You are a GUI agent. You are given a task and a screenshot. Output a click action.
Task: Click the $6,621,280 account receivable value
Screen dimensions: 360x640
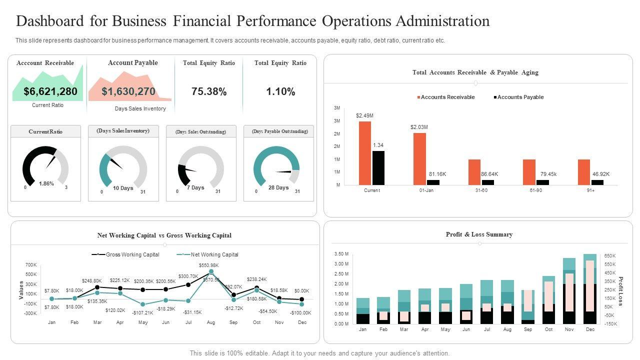[50, 91]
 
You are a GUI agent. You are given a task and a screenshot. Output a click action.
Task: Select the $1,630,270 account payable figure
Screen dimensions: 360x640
[128, 91]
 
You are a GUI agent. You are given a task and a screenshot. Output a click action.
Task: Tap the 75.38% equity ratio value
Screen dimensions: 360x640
[209, 91]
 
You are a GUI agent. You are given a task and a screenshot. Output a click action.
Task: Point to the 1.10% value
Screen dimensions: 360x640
[280, 91]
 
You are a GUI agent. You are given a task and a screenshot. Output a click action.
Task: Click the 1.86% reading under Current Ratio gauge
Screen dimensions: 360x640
[46, 184]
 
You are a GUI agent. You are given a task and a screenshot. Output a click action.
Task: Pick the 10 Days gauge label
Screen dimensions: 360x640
[123, 188]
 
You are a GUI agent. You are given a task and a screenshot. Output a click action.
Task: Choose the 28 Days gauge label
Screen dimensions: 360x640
[278, 188]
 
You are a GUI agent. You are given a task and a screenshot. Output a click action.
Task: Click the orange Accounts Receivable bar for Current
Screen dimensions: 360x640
[365, 153]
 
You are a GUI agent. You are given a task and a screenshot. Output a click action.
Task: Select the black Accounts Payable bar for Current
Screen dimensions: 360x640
[378, 168]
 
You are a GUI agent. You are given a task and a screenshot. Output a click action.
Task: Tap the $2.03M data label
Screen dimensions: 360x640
[419, 127]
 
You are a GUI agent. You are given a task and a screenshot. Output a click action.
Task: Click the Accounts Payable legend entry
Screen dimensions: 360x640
[520, 97]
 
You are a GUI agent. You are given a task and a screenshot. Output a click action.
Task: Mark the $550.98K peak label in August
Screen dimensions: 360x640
[209, 265]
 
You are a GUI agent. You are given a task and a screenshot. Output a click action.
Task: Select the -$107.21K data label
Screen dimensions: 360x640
[143, 313]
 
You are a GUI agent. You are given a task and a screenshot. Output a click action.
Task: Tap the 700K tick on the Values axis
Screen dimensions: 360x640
[31, 264]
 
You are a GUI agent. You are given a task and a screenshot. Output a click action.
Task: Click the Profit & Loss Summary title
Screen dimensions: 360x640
[479, 234]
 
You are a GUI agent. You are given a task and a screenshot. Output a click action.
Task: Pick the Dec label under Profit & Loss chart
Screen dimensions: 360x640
[590, 329]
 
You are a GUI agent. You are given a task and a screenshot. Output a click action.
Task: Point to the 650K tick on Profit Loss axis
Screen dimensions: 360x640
[609, 255]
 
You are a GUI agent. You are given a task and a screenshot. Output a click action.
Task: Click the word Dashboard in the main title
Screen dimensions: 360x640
[56, 21]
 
